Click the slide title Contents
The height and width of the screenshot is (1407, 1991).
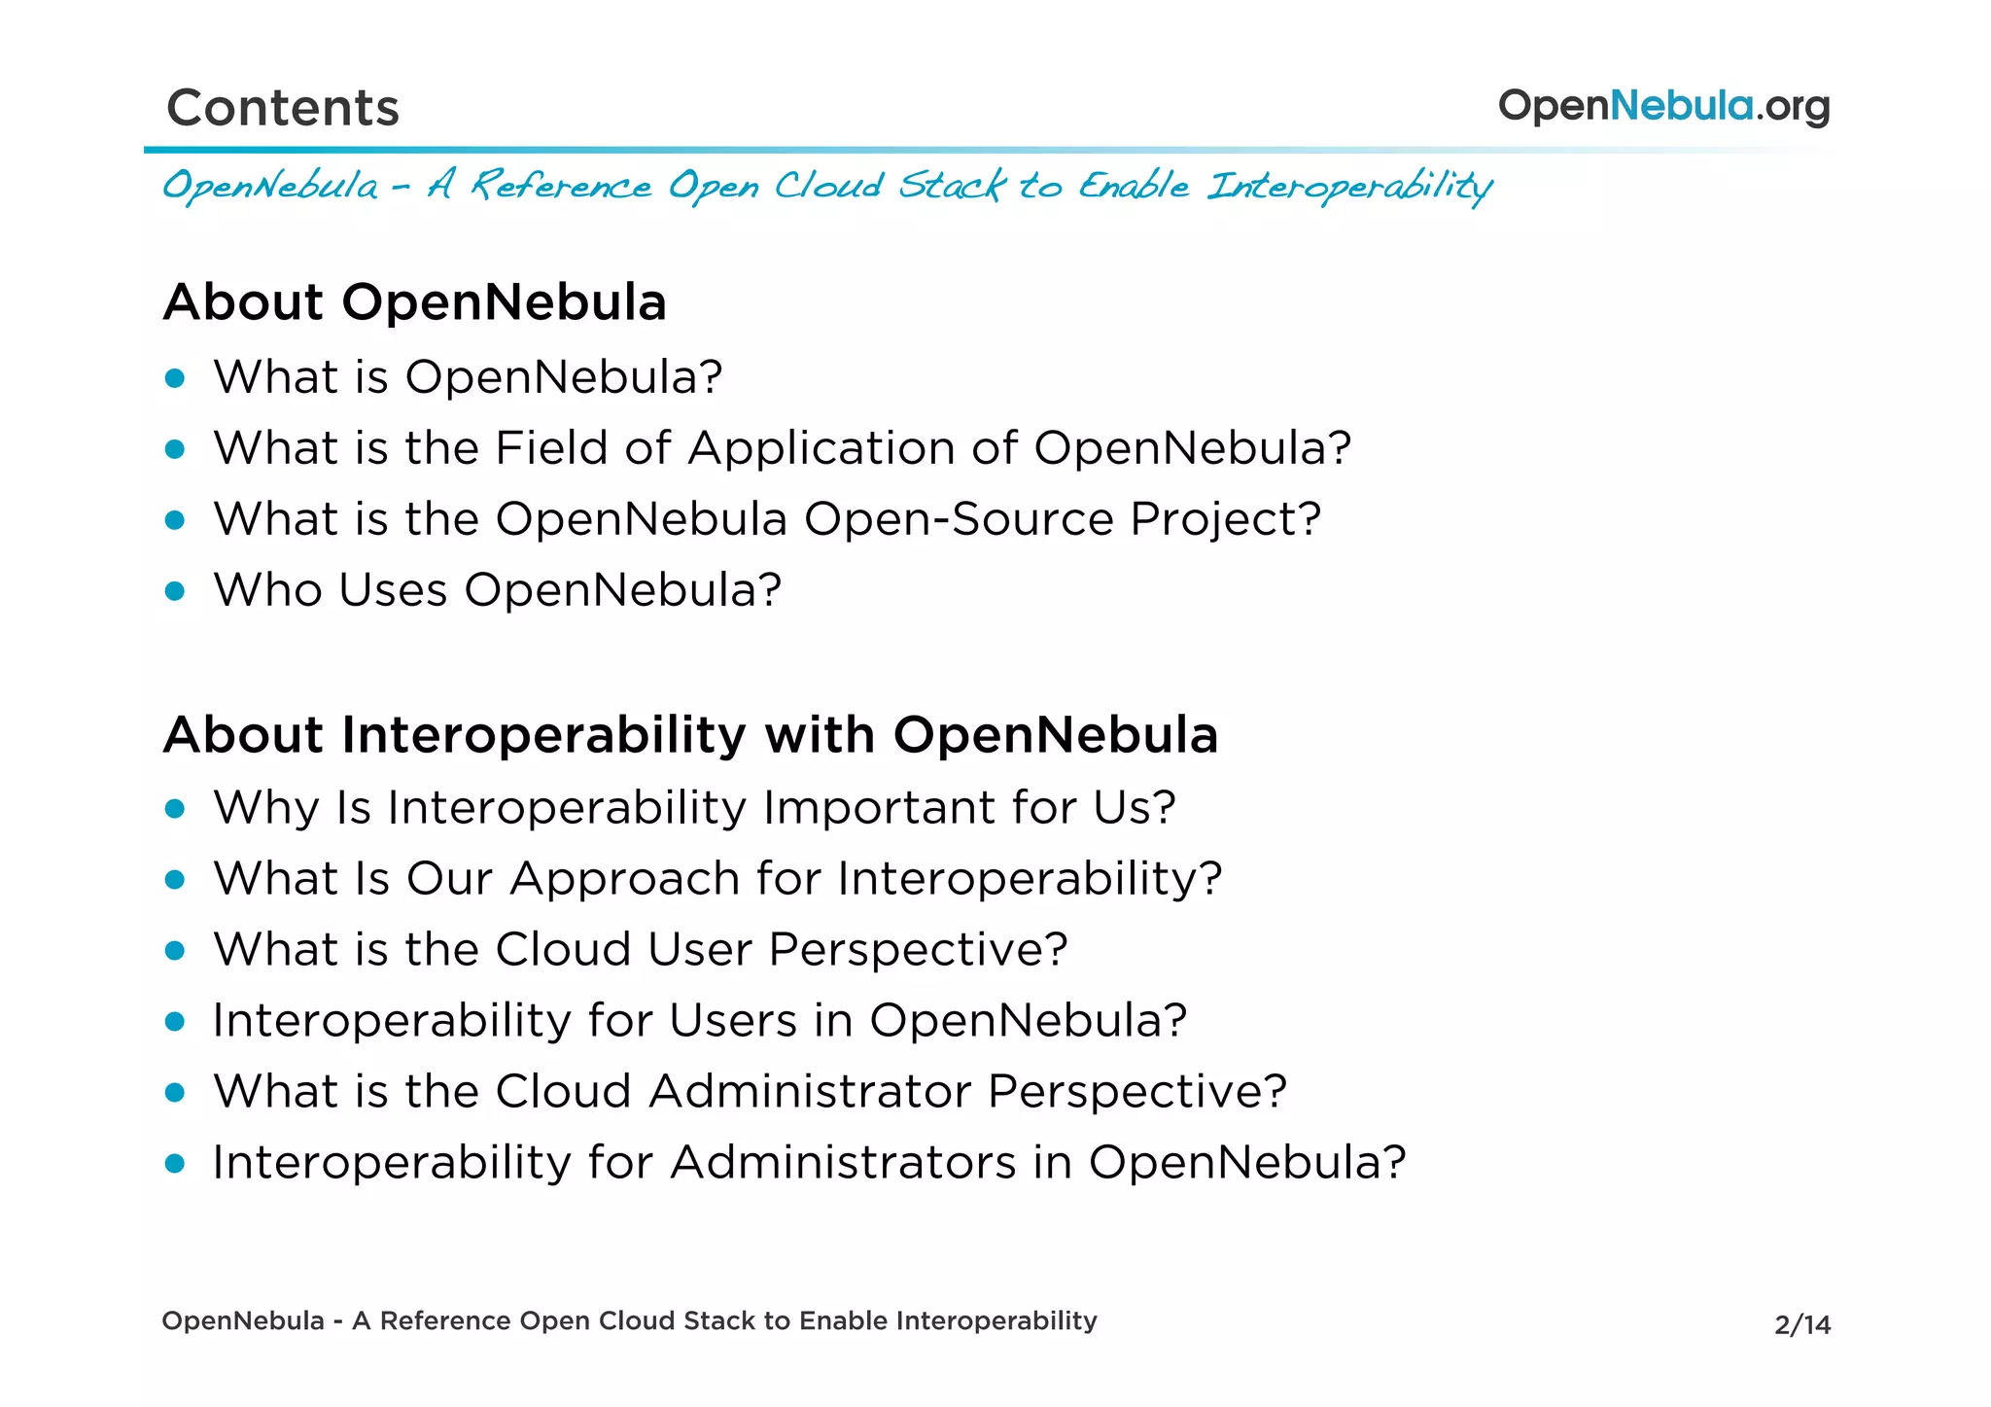[x=283, y=107]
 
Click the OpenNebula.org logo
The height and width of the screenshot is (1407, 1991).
[x=1663, y=106]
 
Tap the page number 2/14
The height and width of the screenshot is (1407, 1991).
[x=1801, y=1324]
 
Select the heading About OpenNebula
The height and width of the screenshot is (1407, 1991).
[x=415, y=301]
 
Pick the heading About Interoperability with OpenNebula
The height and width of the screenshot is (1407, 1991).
[x=690, y=734]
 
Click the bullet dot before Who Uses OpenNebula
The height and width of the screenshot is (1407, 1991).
[x=175, y=590]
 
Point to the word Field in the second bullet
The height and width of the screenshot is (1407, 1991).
[x=550, y=448]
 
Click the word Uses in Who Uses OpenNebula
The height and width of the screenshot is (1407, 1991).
[x=393, y=590]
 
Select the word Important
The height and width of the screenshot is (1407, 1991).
[x=879, y=807]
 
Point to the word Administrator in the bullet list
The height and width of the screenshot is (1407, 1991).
[x=810, y=1091]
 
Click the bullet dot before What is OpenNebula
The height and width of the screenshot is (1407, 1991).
[x=175, y=377]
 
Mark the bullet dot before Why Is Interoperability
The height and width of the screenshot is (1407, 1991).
[x=175, y=808]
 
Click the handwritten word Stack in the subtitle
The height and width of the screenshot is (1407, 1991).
[x=951, y=185]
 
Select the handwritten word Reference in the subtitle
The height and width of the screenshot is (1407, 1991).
[x=561, y=185]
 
